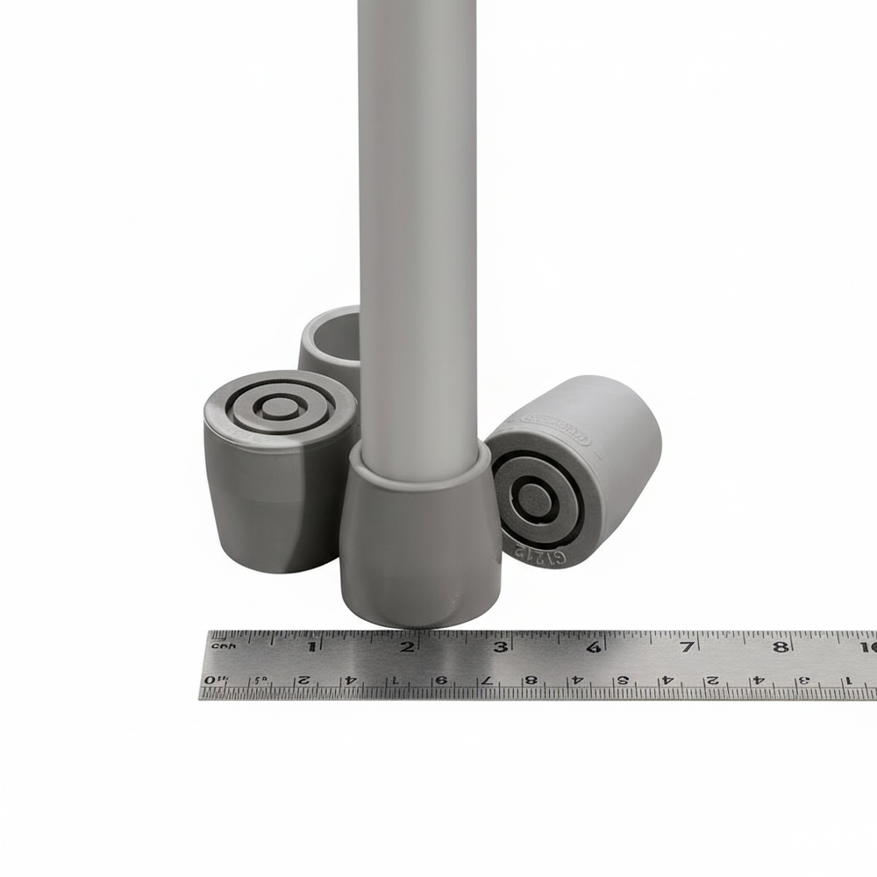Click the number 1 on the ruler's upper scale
pos(311,648)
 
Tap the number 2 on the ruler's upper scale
pos(407,648)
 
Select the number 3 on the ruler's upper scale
pos(501,648)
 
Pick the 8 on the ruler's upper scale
pos(779,648)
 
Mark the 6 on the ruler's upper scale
pos(593,648)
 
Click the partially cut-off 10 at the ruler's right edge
pos(868,648)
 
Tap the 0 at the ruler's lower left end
pos(210,681)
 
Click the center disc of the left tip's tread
pos(279,406)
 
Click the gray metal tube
pos(417,219)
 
